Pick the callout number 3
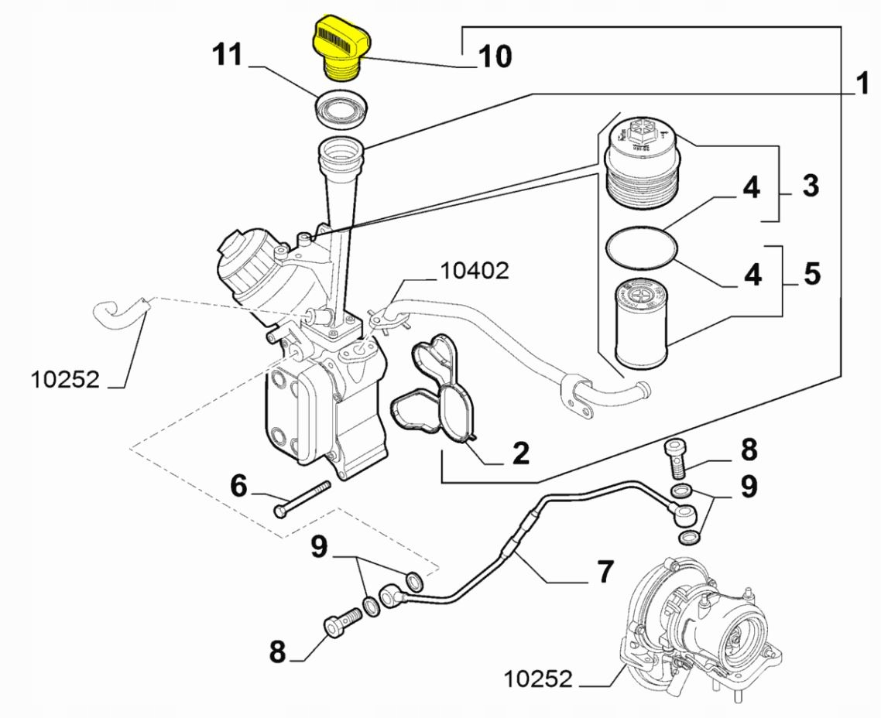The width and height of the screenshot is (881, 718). click(809, 186)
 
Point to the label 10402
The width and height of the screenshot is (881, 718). click(475, 270)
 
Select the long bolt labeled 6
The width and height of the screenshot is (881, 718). click(302, 498)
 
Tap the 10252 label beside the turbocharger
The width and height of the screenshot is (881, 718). click(538, 679)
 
